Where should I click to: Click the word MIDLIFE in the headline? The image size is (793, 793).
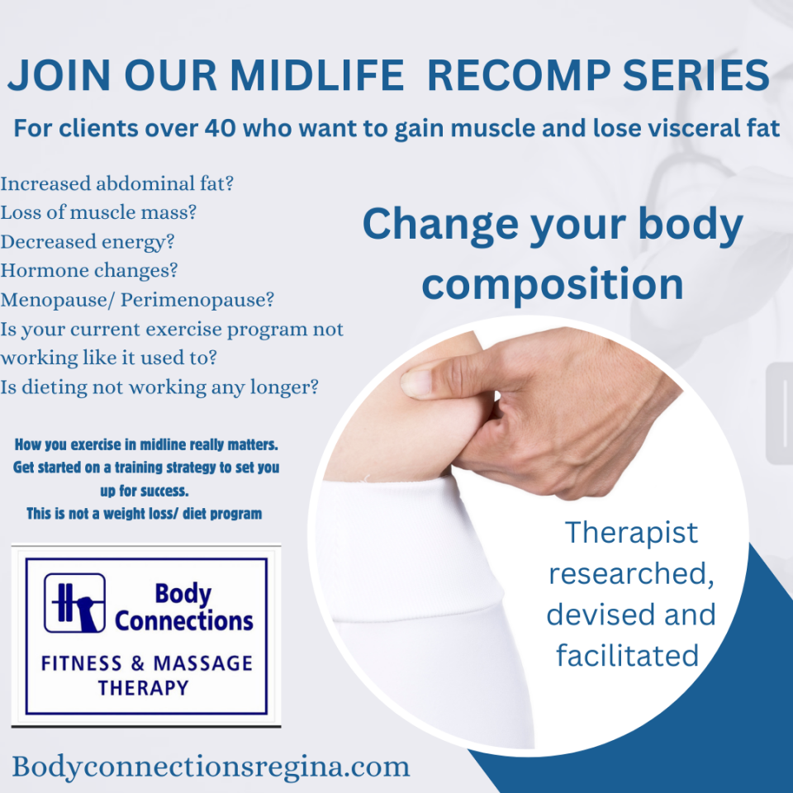[x=317, y=75]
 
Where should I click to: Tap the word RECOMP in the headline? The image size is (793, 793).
[x=519, y=75]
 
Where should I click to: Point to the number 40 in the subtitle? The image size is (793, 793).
[x=220, y=128]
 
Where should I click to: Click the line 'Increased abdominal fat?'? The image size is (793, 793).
[x=116, y=183]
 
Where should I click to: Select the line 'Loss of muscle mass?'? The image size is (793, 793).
[x=98, y=212]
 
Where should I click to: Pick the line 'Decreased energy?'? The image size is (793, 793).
[x=87, y=242]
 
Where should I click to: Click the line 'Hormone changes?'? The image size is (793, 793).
[x=89, y=271]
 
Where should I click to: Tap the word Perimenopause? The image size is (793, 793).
[x=197, y=300]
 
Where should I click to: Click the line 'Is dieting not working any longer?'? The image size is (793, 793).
[x=159, y=388]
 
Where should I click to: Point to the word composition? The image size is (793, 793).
[x=553, y=284]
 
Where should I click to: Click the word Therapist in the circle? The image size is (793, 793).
[x=631, y=533]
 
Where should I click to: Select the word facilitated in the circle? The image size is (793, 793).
[x=627, y=655]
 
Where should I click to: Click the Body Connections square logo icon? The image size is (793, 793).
[x=75, y=603]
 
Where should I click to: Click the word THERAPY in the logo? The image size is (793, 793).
[x=143, y=688]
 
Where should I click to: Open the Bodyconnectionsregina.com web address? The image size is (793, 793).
[x=211, y=767]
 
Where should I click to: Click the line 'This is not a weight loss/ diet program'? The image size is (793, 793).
[x=145, y=514]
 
